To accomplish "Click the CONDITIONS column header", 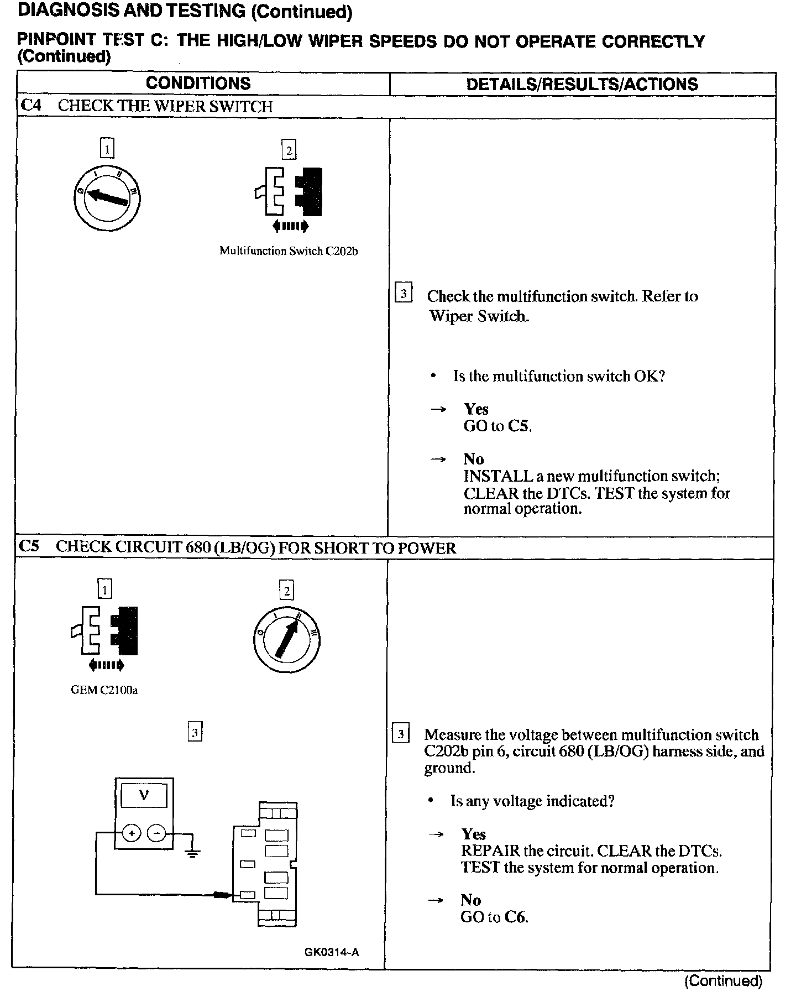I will pos(198,84).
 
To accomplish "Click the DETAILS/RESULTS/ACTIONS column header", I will pos(582,84).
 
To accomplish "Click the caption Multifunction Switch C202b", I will pos(289,251).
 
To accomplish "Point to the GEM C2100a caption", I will pos(104,690).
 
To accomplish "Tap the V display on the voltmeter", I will pos(144,796).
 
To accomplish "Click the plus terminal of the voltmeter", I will pos(132,833).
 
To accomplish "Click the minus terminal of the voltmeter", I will pos(157,833).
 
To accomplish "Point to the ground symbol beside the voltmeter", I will pos(192,853).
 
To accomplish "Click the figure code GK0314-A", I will pos(331,952).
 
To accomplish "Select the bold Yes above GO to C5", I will pos(476,409).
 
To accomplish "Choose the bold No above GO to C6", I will pos(470,900).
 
